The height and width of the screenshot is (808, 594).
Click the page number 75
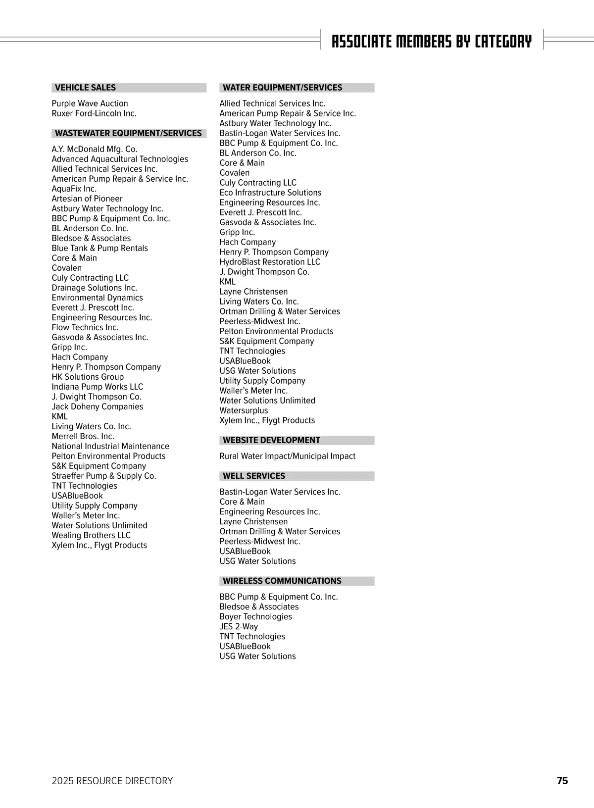562,781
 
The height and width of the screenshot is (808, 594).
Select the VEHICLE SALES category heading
85,88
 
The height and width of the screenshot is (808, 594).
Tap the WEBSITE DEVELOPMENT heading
271,440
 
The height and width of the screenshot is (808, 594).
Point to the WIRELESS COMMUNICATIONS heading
282,581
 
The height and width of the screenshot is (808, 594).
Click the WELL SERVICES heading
254,476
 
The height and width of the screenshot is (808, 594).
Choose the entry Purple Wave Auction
90,103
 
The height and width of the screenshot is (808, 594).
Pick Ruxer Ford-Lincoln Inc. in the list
94,113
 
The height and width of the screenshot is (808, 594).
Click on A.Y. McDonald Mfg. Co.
95,149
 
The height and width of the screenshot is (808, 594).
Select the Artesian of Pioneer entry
87,199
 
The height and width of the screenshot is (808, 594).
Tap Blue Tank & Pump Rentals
99,248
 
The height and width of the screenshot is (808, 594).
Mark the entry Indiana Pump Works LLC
97,387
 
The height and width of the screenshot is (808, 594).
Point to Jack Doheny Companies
97,406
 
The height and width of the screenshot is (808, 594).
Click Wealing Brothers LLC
91,535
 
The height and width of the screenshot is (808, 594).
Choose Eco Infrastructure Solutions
270,193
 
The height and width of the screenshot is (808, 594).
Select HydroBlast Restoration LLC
270,262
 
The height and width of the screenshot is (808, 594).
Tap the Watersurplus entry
244,410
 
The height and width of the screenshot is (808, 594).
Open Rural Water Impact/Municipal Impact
287,456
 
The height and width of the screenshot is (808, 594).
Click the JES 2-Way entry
239,626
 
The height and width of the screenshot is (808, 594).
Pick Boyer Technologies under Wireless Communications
255,616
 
